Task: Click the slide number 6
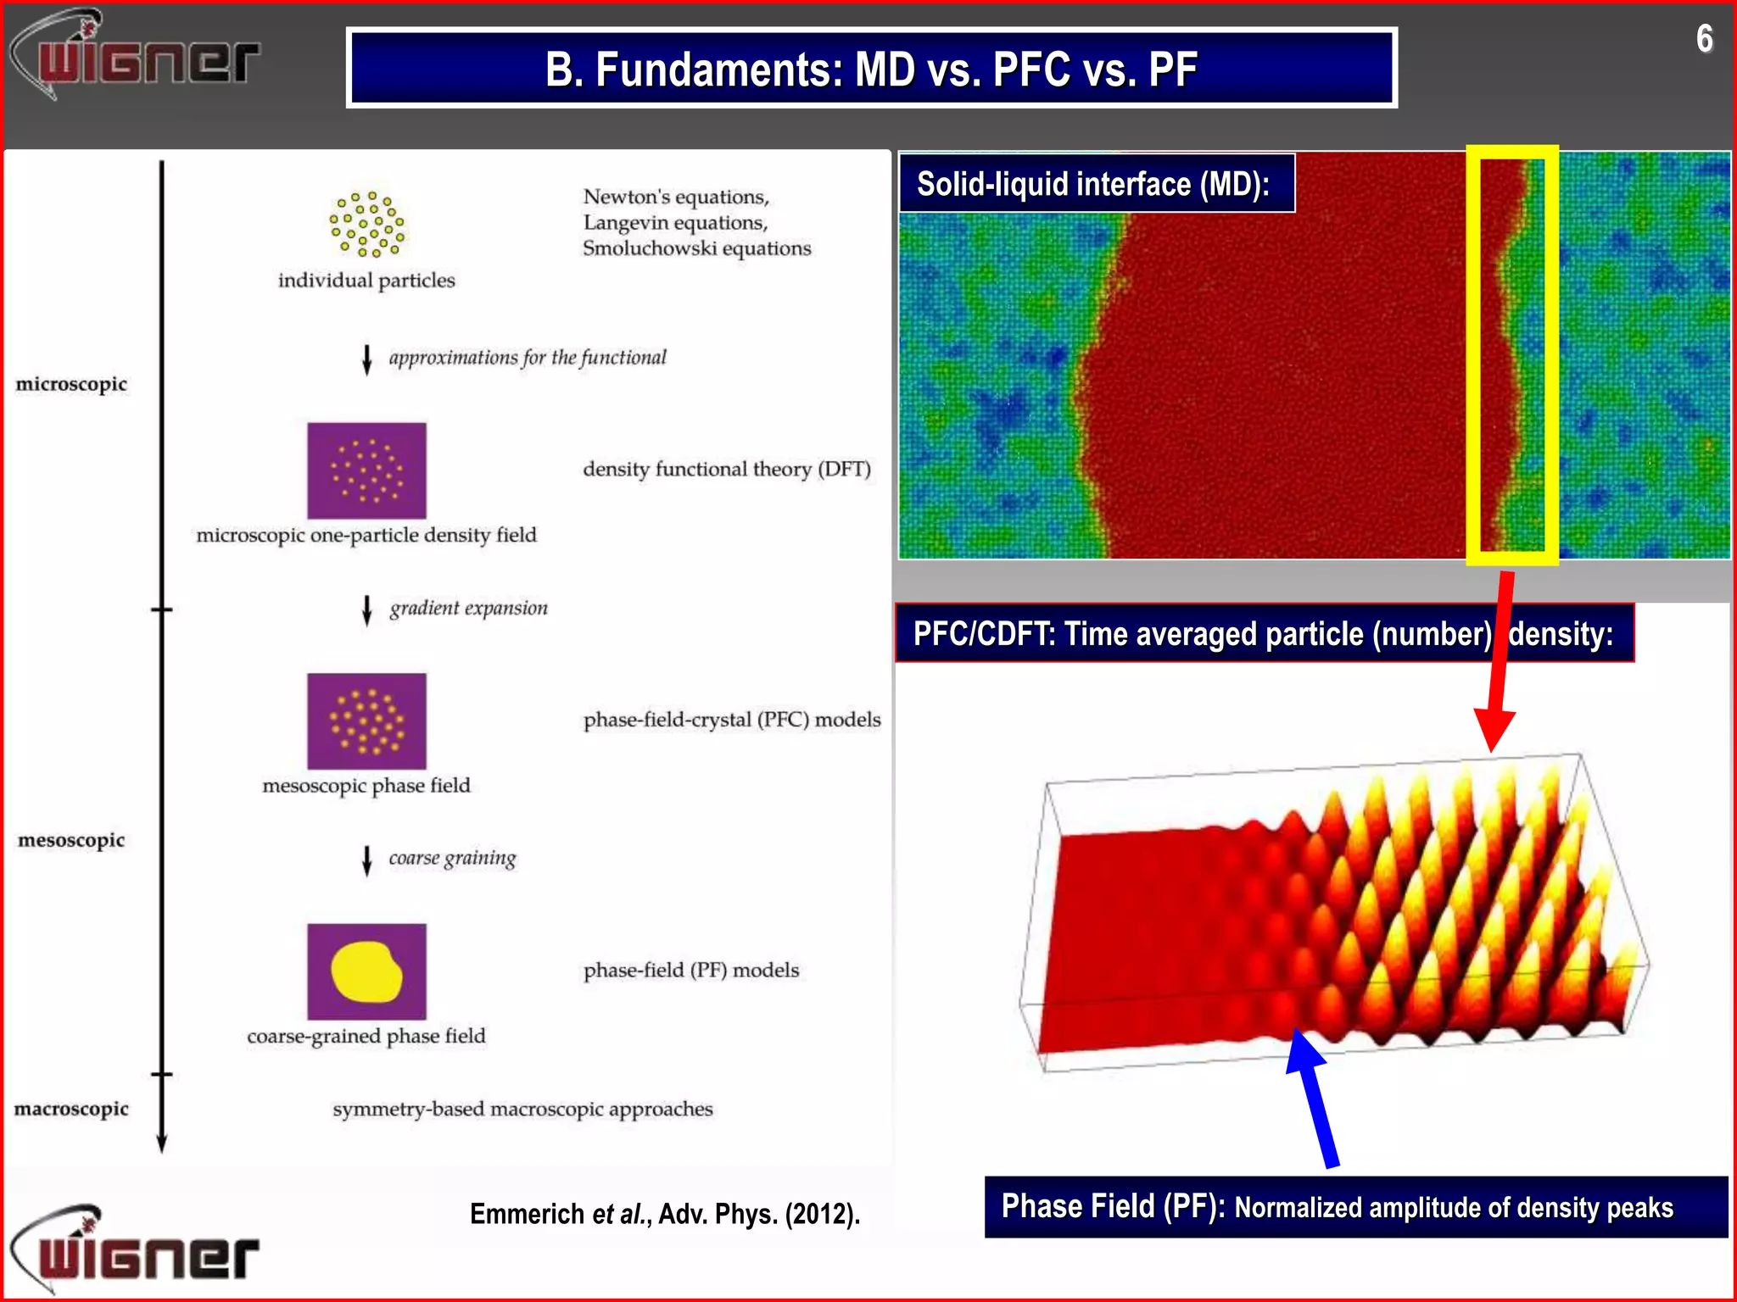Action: (1704, 39)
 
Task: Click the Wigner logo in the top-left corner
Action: (136, 56)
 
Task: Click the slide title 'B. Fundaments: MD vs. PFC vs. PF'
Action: (871, 69)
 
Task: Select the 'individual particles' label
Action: (366, 281)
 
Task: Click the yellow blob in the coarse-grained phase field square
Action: (366, 971)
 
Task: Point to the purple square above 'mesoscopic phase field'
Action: (366, 721)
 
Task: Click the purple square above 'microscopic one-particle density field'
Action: (366, 470)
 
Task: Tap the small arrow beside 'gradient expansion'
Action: (366, 609)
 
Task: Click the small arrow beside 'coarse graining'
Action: (366, 860)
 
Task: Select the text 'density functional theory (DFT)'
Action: (727, 470)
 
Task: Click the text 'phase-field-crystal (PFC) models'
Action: (732, 720)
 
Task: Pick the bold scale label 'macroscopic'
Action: (71, 1109)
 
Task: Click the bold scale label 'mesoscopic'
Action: (71, 840)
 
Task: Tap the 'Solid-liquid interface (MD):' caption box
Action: (1095, 184)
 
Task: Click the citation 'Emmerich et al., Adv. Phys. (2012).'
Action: (665, 1214)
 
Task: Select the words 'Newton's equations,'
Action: (676, 197)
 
